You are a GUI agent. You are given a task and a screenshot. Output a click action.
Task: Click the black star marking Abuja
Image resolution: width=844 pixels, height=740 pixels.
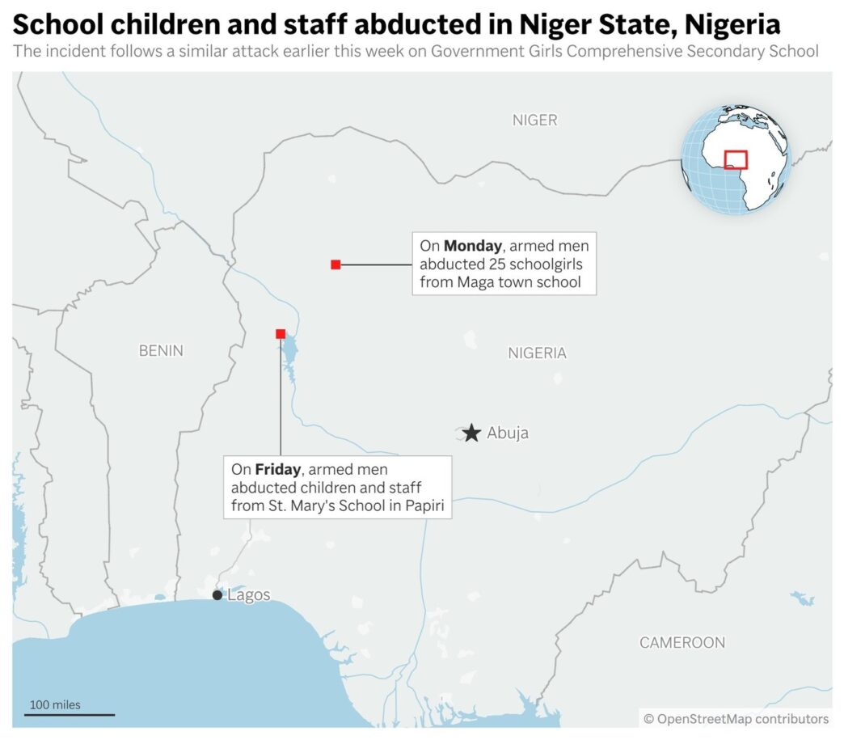(x=472, y=433)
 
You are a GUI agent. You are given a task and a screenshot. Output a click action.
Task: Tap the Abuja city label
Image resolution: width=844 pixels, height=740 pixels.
(x=508, y=433)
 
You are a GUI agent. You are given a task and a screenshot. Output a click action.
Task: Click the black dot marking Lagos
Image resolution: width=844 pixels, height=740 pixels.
(x=217, y=595)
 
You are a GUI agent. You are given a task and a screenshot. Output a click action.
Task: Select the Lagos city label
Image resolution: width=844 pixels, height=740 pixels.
(x=249, y=595)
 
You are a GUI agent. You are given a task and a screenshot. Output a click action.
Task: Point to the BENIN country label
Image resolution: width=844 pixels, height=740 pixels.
(x=161, y=351)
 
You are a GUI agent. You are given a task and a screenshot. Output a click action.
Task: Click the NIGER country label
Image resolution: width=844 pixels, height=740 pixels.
(x=534, y=121)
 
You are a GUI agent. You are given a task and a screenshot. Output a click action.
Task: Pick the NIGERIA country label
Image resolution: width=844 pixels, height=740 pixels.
(x=537, y=353)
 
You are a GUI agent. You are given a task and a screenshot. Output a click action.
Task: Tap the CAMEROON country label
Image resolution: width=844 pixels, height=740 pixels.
(x=682, y=643)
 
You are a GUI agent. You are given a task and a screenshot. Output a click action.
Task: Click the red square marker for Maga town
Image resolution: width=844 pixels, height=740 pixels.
(x=335, y=264)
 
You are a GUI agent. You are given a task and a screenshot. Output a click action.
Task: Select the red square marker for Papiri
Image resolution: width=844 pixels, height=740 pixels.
(x=281, y=334)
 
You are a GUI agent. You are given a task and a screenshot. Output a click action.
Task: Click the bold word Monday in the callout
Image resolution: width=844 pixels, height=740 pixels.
(x=473, y=245)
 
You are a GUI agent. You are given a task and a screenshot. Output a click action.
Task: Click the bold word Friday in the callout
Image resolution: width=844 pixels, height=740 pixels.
(x=277, y=469)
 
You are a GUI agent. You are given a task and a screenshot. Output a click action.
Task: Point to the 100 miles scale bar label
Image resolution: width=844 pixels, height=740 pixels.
(x=56, y=705)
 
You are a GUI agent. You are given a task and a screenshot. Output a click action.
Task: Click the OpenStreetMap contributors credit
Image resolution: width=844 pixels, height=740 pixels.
(x=736, y=719)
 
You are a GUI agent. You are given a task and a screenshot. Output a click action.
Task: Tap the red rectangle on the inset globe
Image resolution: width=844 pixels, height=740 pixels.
(x=736, y=159)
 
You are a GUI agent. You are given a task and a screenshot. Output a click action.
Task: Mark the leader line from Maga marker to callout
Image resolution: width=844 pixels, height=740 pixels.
(x=376, y=264)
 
